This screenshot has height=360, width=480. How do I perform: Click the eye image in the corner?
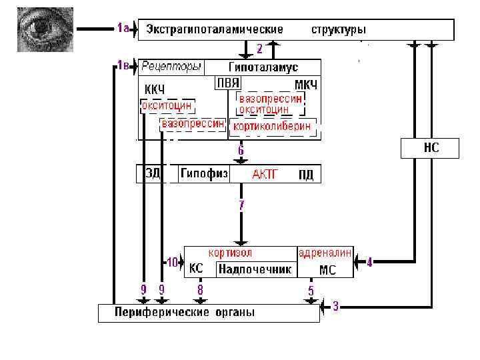click(x=41, y=29)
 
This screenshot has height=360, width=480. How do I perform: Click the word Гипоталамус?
click(x=263, y=67)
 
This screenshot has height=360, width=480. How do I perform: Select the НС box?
click(x=431, y=148)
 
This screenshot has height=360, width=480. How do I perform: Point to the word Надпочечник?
click(x=255, y=269)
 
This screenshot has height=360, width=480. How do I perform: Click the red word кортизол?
click(x=230, y=253)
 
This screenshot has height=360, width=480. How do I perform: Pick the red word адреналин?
click(x=325, y=253)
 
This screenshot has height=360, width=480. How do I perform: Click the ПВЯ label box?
click(x=227, y=83)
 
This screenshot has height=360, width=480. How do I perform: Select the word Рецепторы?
click(x=171, y=67)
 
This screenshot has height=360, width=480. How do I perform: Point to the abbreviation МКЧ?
click(x=305, y=86)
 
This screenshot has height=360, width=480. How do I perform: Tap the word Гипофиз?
click(x=204, y=174)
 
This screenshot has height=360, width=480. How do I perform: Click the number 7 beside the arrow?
click(x=241, y=205)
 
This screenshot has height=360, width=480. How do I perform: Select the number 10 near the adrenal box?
click(x=173, y=263)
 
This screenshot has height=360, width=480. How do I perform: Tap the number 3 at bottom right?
click(x=335, y=307)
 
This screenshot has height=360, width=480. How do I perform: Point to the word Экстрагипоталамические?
click(x=215, y=30)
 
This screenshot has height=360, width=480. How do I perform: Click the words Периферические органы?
click(x=185, y=312)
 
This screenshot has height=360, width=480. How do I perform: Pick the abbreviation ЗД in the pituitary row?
click(x=152, y=174)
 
